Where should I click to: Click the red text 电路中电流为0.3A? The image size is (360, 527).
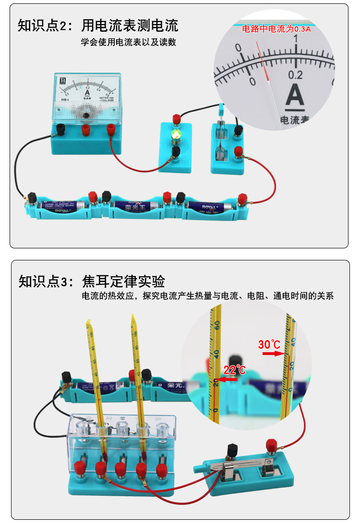coord(276,29)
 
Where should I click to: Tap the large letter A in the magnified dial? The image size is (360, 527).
coord(295,96)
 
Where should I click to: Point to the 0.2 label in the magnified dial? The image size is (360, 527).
coord(295,75)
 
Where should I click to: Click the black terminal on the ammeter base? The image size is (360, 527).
coord(61,128)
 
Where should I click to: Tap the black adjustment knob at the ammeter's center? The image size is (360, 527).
coord(86,116)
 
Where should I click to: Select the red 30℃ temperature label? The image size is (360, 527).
coord(269,344)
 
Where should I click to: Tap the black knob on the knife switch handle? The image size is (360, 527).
coord(233,450)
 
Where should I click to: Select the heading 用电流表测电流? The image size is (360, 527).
coord(130,25)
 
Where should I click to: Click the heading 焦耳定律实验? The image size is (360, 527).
coord(124,281)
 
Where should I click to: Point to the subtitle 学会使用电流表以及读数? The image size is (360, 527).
coord(128,42)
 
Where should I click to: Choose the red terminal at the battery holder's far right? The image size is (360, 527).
coord(242,196)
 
